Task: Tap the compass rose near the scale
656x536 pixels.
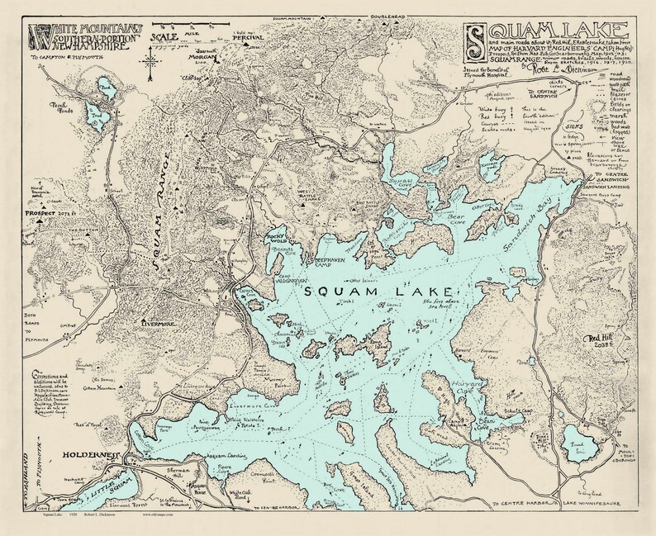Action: point(151,62)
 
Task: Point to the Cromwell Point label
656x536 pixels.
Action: point(284,470)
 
